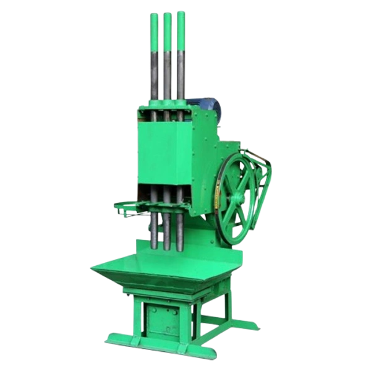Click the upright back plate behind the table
click(204, 238)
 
